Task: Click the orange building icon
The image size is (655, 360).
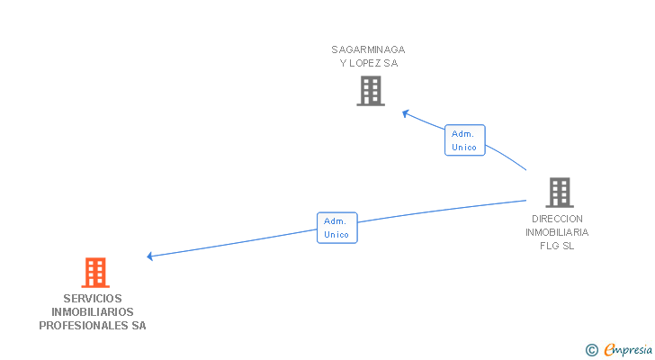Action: point(94,272)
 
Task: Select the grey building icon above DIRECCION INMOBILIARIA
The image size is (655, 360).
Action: point(559,192)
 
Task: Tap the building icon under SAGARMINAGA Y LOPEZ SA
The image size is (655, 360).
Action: point(370,90)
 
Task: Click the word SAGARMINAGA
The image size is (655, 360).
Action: point(368,49)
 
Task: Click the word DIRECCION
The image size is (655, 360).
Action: point(557,219)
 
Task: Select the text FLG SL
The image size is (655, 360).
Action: point(557,246)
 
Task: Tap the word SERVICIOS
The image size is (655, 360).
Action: point(93,299)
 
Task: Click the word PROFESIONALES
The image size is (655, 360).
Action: point(84,326)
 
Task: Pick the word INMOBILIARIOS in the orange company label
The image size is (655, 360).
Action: point(93,312)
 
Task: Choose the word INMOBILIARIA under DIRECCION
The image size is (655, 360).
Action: point(557,232)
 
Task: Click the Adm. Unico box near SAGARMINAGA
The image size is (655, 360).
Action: point(464,140)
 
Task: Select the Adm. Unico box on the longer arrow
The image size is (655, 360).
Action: point(336,228)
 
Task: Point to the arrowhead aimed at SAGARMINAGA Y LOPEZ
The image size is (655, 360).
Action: point(406,112)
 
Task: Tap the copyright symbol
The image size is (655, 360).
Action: point(591,349)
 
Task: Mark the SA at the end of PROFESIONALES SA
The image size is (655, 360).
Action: point(139,326)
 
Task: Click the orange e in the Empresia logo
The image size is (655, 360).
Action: point(609,349)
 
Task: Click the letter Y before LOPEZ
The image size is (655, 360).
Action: point(343,63)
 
